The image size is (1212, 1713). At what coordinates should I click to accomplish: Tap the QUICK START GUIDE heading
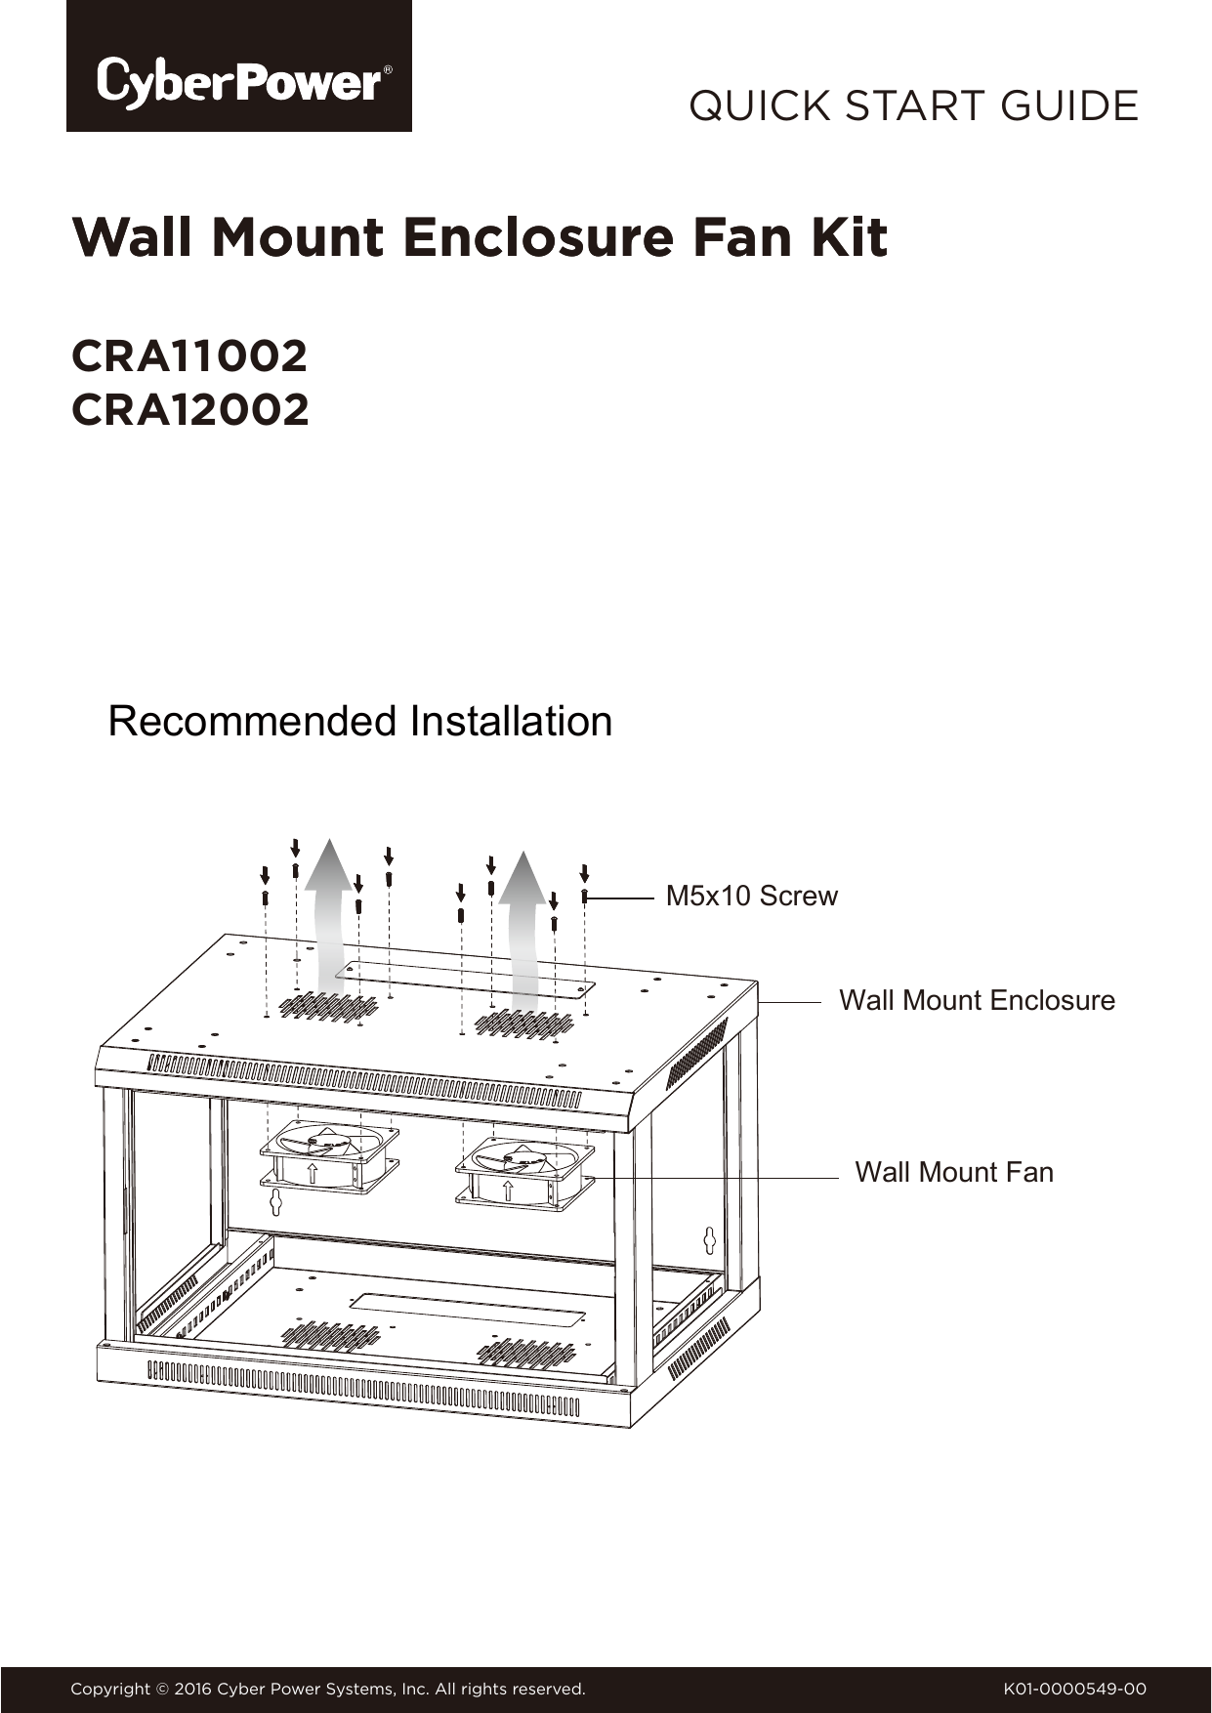pos(913,105)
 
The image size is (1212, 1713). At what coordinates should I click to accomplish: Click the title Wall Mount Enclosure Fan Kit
pos(480,238)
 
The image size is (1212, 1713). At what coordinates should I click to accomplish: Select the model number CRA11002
pos(189,356)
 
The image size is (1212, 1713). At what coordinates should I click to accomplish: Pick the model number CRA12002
pos(190,409)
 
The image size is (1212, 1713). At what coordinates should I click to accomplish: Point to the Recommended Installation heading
pos(360,721)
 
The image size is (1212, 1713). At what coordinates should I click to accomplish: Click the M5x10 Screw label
pos(751,896)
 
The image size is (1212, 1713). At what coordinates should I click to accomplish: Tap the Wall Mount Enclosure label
pos(977,1000)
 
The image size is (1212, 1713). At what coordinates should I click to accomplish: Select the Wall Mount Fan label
pos(954,1172)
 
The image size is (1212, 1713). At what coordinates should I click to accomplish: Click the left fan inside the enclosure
pos(330,1157)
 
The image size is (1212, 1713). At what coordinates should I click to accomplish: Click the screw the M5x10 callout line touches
pos(584,896)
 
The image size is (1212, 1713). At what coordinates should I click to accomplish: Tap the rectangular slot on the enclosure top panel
pos(465,980)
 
